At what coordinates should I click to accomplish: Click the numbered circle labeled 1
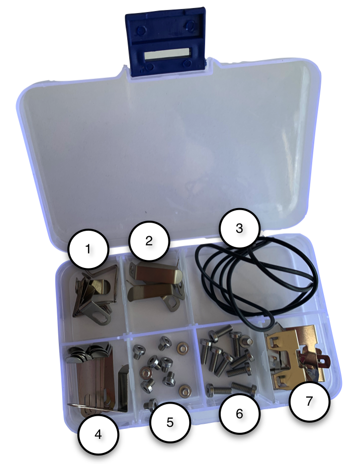(88, 249)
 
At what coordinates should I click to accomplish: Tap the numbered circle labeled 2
(149, 241)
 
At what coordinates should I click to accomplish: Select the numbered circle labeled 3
(239, 228)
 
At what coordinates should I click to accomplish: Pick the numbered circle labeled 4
(98, 434)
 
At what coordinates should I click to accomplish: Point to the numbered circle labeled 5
(169, 422)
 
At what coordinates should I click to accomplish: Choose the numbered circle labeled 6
(239, 413)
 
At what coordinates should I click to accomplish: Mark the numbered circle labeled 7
(309, 401)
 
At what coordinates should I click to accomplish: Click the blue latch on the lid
(166, 41)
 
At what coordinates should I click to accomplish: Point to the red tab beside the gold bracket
(325, 360)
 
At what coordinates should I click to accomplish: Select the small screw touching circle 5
(150, 405)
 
